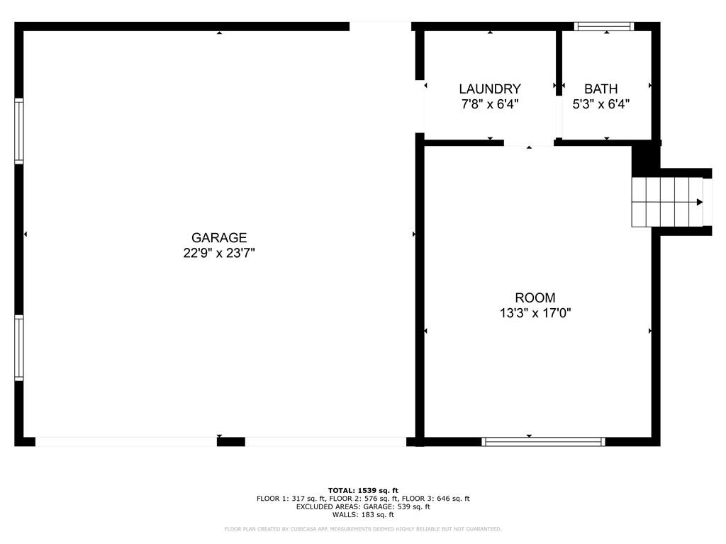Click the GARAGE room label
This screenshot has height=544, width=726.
tap(219, 238)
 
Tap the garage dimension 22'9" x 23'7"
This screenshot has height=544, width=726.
tap(219, 253)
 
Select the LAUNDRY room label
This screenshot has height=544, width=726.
tap(490, 89)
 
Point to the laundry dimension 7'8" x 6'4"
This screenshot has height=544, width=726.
tap(490, 104)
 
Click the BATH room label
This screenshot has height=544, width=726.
tap(601, 89)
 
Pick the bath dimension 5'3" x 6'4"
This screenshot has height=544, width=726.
tap(601, 104)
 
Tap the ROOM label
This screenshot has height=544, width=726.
tap(535, 298)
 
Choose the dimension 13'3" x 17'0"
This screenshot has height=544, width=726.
tap(535, 313)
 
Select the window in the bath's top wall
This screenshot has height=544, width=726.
tap(603, 27)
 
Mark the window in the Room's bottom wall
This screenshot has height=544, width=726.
tap(543, 441)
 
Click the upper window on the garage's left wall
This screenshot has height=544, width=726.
tap(19, 132)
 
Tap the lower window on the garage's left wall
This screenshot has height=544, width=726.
tap(19, 348)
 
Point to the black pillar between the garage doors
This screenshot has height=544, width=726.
tap(230, 441)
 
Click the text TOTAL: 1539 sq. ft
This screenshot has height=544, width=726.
tap(363, 490)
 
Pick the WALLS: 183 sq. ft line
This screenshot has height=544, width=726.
tap(363, 515)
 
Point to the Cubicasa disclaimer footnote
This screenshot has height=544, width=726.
tap(363, 529)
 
